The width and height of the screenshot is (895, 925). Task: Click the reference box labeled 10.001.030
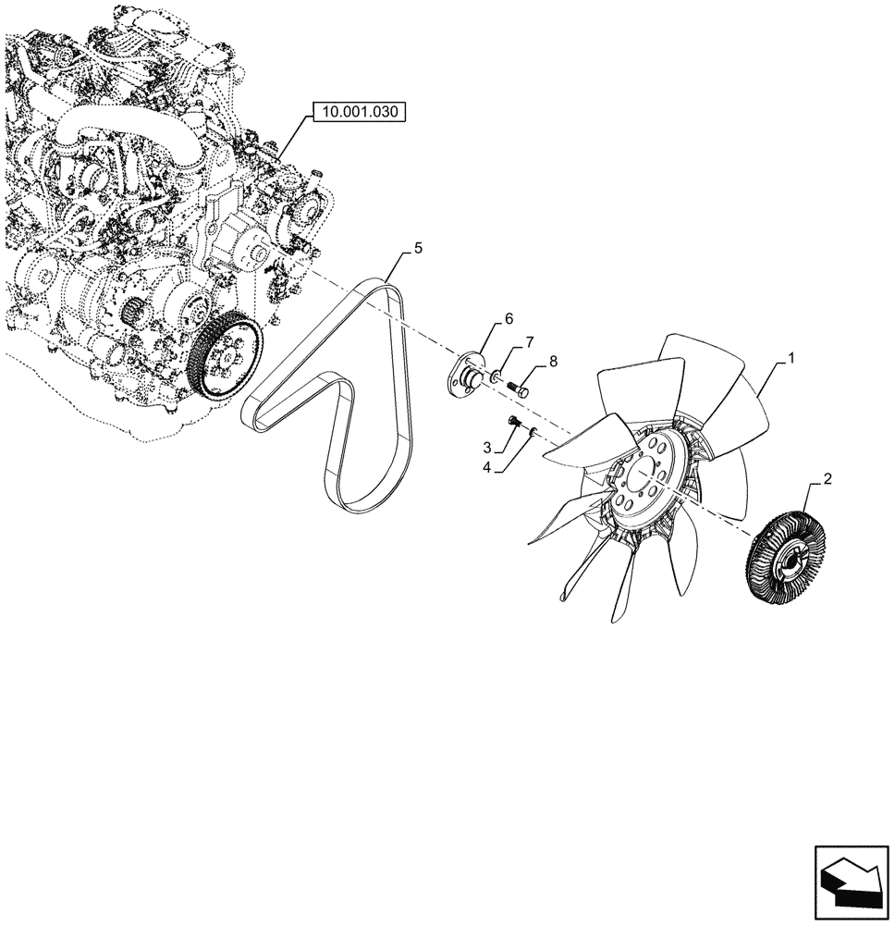tap(359, 113)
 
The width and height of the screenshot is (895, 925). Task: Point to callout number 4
tap(418, 248)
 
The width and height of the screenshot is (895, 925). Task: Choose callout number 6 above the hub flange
tap(530, 343)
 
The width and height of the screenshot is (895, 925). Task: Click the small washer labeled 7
tap(534, 433)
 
